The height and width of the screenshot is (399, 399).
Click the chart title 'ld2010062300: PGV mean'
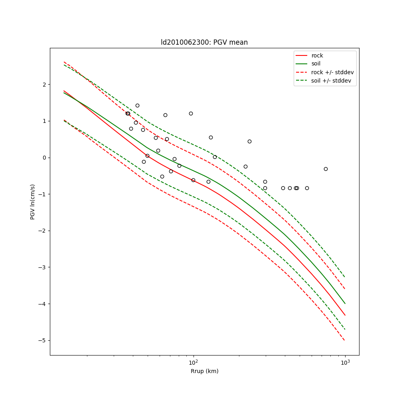pos(204,42)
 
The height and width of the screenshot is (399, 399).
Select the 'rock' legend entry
pos(317,55)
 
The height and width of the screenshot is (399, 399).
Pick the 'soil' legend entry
pos(316,64)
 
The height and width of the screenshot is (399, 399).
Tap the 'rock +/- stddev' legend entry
pos(332,72)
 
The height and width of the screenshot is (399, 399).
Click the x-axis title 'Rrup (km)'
pos(204,371)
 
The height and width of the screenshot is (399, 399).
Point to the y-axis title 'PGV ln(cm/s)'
pos(33,201)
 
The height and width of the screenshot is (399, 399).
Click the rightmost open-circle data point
pos(326,169)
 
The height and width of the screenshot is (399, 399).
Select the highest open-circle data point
pos(137,105)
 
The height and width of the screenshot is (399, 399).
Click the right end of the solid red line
pos(345,315)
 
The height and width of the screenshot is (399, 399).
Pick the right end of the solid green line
pos(345,303)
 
